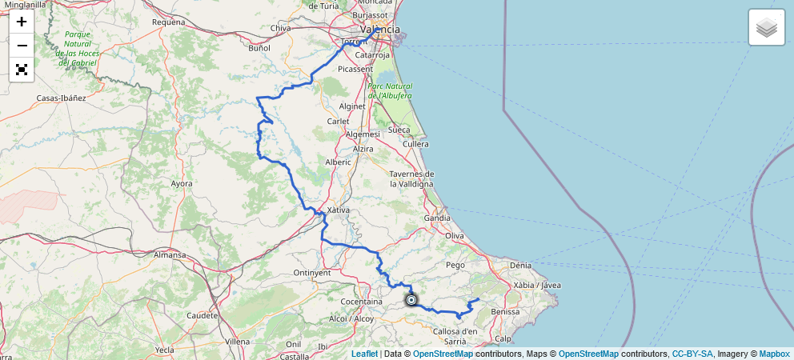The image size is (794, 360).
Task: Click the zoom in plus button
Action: click(x=22, y=22)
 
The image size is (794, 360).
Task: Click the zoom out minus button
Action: click(x=22, y=46)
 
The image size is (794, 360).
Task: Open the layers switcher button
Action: click(x=766, y=28)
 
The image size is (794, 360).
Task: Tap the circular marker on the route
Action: click(x=411, y=300)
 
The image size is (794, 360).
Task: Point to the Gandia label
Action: click(x=437, y=218)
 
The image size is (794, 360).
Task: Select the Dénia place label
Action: click(x=519, y=264)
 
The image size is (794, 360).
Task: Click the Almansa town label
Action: click(x=170, y=255)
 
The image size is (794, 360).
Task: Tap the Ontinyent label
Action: click(x=312, y=273)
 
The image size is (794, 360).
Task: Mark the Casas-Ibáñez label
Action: click(x=61, y=98)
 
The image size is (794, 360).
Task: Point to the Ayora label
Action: click(x=182, y=183)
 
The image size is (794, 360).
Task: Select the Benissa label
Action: click(x=505, y=311)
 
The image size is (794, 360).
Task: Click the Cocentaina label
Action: click(x=361, y=302)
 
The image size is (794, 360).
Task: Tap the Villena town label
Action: click(x=238, y=341)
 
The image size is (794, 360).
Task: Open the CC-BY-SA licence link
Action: click(x=692, y=354)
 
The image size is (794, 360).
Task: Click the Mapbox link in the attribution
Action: click(x=774, y=354)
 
